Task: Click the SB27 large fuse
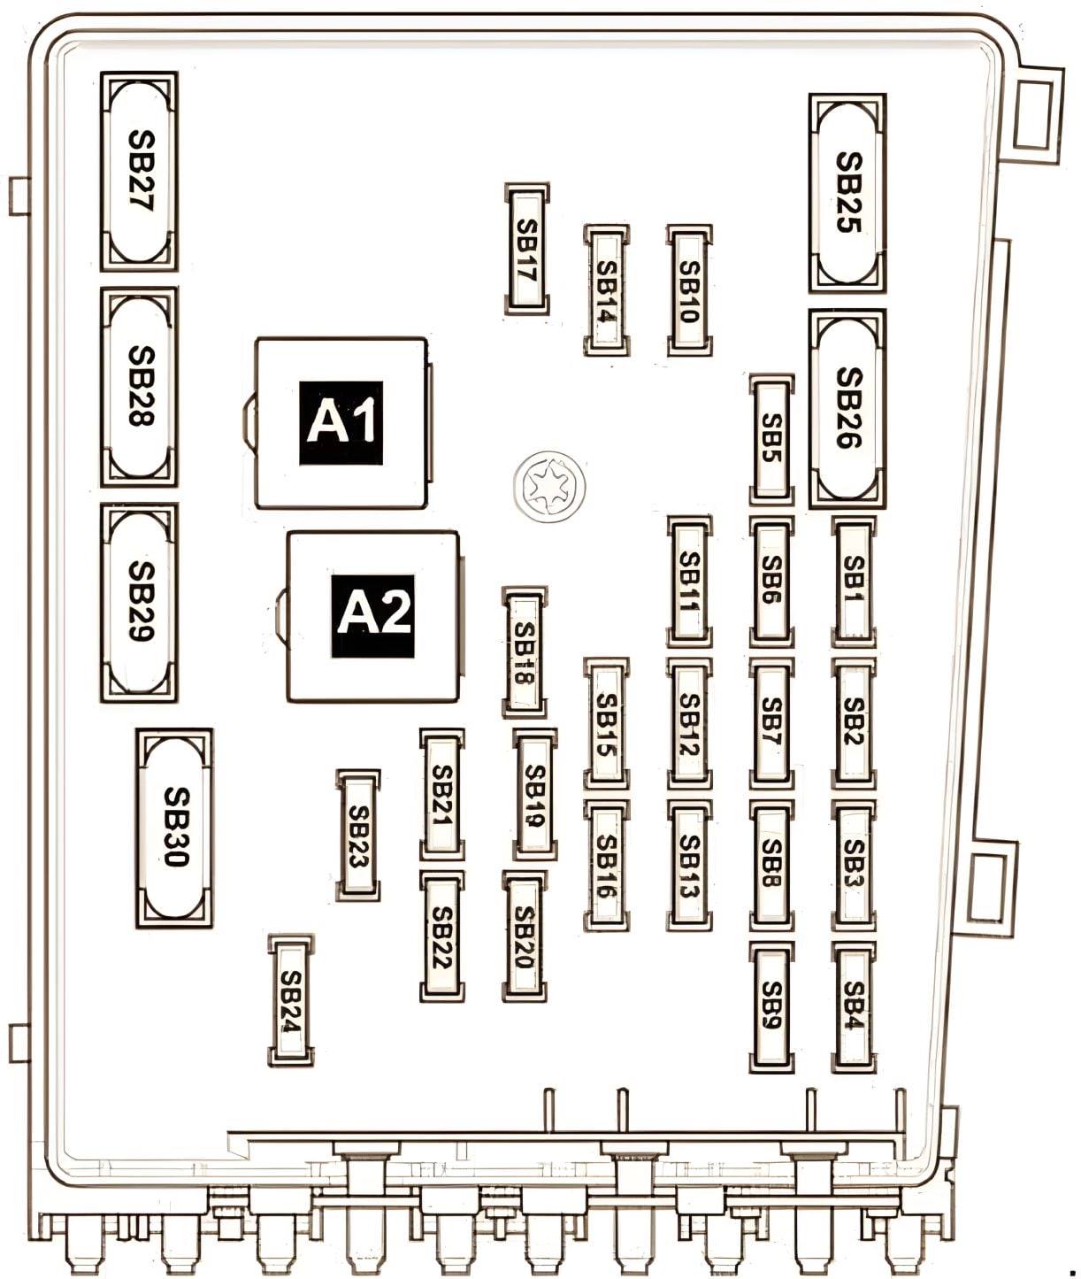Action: (x=139, y=172)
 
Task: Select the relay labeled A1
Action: (x=341, y=422)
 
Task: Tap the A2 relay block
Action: (x=372, y=616)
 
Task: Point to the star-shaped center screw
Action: (x=549, y=487)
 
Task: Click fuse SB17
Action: (x=527, y=250)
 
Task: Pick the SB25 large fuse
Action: (x=847, y=193)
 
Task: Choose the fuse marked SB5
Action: (x=771, y=439)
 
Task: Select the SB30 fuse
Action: (x=174, y=828)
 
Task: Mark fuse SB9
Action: (x=771, y=1007)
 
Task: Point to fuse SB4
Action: (x=854, y=1007)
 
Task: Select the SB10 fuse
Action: (x=689, y=291)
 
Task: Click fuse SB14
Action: (x=607, y=291)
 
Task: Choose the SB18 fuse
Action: (x=525, y=653)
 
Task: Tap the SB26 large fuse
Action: (x=847, y=409)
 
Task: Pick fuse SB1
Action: (x=854, y=582)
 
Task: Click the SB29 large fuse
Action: (x=139, y=603)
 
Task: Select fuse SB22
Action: (x=442, y=936)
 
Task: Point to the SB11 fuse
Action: (x=689, y=582)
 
